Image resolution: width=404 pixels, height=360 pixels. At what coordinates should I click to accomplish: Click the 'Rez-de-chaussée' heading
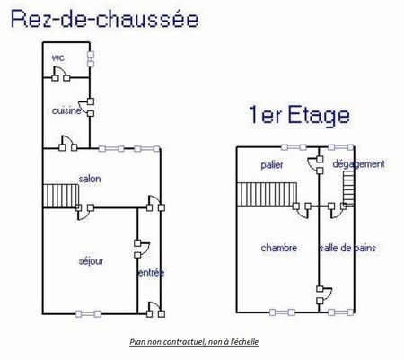pyautogui.click(x=104, y=19)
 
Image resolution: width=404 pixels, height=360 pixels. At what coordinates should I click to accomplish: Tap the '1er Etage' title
pyautogui.click(x=299, y=115)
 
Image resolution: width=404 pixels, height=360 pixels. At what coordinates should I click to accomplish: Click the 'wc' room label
pyautogui.click(x=58, y=57)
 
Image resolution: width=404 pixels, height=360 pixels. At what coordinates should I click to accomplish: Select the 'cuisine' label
pyautogui.click(x=66, y=110)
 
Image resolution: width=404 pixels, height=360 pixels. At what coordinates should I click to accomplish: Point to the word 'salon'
pyautogui.click(x=90, y=179)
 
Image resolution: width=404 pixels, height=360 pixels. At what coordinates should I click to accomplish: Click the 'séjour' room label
pyautogui.click(x=91, y=261)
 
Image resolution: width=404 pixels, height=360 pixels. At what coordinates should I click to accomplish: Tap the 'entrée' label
pyautogui.click(x=151, y=273)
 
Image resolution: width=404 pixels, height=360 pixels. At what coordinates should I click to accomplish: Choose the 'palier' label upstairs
pyautogui.click(x=272, y=165)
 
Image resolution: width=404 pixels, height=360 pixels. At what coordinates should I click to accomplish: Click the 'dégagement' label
pyautogui.click(x=358, y=164)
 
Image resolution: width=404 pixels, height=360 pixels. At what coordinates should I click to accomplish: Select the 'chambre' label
pyautogui.click(x=279, y=248)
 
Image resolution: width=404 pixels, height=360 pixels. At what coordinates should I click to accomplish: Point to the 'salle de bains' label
pyautogui.click(x=347, y=248)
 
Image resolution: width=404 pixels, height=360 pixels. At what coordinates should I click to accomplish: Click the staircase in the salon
pyautogui.click(x=61, y=196)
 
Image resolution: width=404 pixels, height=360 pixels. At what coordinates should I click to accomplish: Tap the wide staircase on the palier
pyautogui.click(x=267, y=195)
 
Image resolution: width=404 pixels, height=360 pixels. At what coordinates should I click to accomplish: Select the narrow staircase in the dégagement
pyautogui.click(x=348, y=189)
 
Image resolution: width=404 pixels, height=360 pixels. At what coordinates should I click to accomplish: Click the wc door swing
pyautogui.click(x=60, y=74)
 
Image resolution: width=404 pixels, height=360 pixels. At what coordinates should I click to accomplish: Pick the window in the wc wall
pyautogui.click(x=91, y=59)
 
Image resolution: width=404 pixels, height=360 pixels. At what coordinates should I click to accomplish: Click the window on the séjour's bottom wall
pyautogui.click(x=88, y=314)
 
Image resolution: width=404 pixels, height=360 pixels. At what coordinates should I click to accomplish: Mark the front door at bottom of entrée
pyautogui.click(x=155, y=310)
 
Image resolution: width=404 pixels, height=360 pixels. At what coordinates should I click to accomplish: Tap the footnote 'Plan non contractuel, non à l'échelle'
pyautogui.click(x=194, y=342)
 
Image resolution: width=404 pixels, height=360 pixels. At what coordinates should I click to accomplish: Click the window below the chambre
pyautogui.click(x=282, y=312)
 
